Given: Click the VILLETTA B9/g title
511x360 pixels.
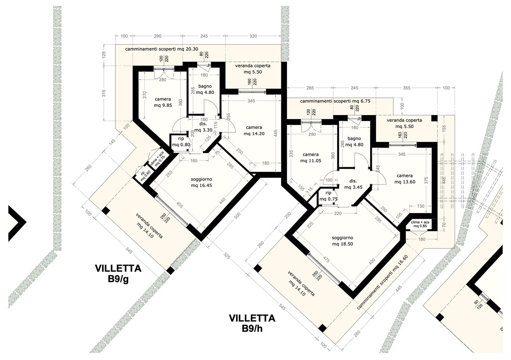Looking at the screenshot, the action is (118, 274).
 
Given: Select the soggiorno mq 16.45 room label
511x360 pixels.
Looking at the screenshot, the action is (202, 182).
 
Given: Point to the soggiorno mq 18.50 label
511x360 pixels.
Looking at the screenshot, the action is (343, 241).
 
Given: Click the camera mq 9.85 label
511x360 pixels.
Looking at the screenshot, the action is (163, 102).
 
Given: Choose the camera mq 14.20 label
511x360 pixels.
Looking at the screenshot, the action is (254, 131).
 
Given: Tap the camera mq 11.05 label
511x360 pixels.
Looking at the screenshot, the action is (311, 157).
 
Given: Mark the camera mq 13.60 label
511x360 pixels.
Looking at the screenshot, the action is (405, 179).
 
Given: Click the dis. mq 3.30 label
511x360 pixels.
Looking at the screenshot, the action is (203, 127).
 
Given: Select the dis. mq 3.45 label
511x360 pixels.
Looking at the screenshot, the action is (353, 184).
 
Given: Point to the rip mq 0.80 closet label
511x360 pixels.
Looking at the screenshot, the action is (181, 142).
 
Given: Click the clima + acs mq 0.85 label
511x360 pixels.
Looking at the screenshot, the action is (420, 224).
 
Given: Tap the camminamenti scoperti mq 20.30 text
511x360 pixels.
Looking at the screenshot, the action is (162, 49).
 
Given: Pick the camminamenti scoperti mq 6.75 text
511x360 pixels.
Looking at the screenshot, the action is (335, 101).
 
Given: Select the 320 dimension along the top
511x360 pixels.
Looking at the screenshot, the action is (253, 36).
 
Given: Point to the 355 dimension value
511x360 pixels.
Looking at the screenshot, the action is (406, 88).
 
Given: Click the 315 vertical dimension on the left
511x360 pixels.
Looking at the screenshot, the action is (104, 93).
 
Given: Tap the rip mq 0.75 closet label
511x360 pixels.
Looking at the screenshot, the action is (328, 196).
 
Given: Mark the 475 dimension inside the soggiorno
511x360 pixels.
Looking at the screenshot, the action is (326, 261).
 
